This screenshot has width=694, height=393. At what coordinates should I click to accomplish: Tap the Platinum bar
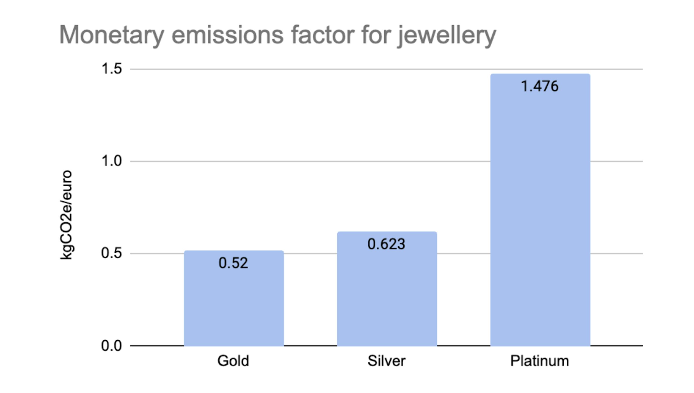click(540, 216)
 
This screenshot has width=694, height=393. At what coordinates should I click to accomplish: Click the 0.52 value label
click(233, 263)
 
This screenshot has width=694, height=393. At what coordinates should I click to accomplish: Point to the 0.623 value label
click(387, 244)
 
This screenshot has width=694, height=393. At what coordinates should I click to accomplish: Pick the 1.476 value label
click(540, 86)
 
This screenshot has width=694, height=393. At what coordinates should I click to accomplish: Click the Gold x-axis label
click(233, 361)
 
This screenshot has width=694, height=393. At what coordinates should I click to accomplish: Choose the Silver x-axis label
click(387, 361)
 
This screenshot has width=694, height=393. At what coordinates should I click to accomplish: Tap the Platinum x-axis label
click(540, 361)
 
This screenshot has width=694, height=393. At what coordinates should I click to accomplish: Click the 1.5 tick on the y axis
click(112, 69)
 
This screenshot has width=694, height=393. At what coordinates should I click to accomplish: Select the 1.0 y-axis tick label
click(112, 161)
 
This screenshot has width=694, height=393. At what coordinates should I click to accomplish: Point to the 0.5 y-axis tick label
click(112, 253)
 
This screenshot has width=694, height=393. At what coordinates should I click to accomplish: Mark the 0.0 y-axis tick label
click(112, 346)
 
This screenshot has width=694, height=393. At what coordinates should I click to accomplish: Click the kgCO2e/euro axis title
click(66, 215)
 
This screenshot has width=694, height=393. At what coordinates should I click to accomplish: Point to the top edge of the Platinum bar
click(540, 74)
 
